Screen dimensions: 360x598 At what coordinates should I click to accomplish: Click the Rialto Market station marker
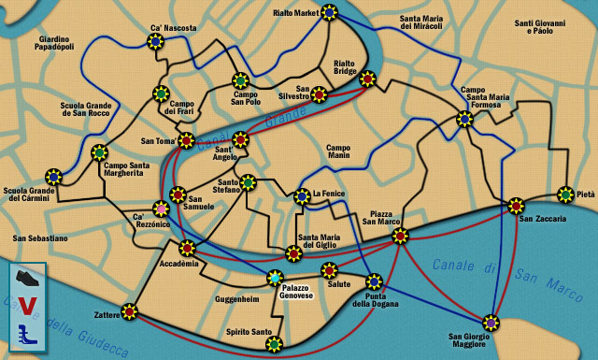pos(329,12)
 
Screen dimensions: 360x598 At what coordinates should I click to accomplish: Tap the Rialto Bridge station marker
pos(367,79)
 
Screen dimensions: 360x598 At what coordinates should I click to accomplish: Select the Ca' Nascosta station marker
pos(157,41)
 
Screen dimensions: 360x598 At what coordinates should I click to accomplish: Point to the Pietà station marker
pos(565,194)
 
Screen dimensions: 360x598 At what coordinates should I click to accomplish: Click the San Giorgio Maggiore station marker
pos(491,323)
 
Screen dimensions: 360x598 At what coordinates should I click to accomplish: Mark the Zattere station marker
pos(129,311)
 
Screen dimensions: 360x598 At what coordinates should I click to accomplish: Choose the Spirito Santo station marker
pos(274,344)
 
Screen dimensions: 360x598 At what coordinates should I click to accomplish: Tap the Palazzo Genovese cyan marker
pos(275,278)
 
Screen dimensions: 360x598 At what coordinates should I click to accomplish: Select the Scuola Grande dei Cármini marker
pos(54,176)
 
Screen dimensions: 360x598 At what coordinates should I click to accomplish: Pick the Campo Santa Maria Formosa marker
pos(464,119)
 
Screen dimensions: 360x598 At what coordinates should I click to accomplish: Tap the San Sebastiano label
pos(40,238)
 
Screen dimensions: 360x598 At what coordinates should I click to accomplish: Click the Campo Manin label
pos(338,152)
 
